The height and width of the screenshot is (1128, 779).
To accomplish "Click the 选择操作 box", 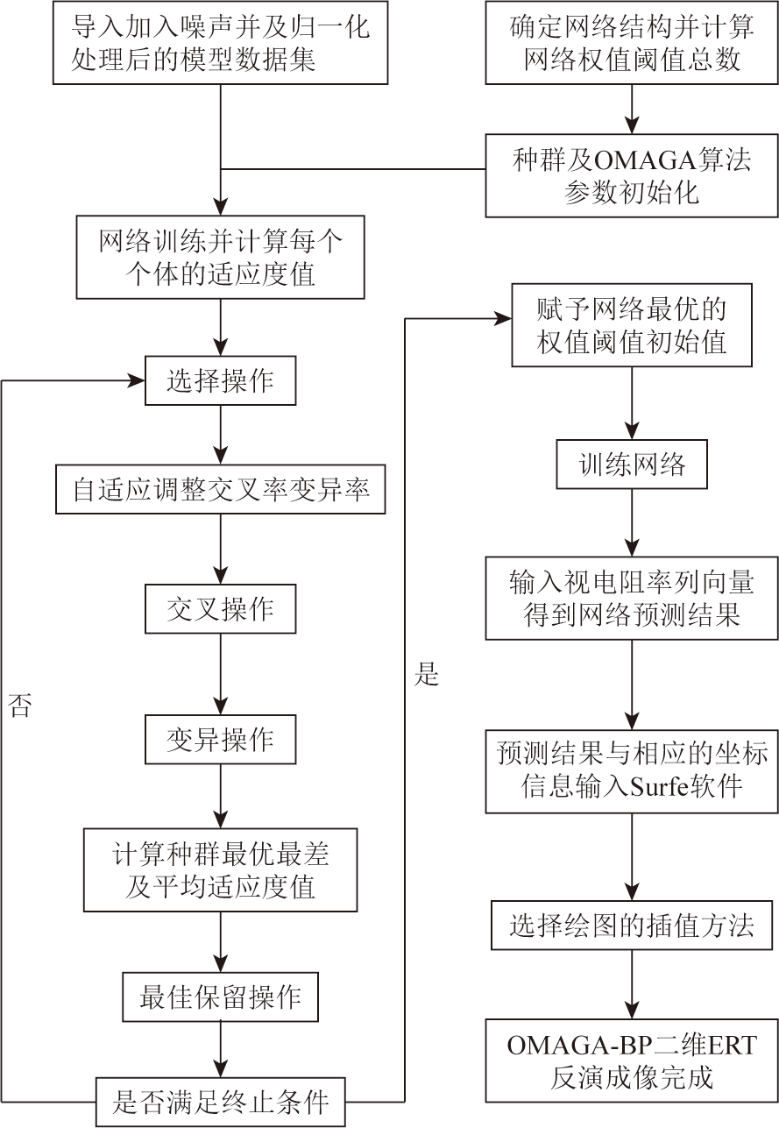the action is pos(221,380).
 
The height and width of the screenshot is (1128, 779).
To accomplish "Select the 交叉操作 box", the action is pos(221,609).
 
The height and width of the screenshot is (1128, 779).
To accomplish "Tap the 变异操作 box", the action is pos(221,739).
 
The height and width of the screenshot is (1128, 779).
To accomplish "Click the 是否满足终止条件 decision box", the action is pos(221,1102).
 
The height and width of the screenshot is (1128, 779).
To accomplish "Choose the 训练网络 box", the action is pos(632,465).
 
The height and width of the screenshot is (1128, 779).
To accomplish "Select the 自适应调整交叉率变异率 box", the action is pos(221,489).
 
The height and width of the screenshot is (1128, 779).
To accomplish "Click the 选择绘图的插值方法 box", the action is pos(632,926).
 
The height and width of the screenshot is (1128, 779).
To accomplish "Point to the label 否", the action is pos(20,705).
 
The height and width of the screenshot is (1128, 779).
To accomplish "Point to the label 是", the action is pos(427,674).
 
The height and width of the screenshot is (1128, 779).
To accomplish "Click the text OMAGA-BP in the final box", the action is pos(579,1046).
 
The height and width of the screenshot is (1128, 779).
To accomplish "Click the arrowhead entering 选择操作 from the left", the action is pos(137,380).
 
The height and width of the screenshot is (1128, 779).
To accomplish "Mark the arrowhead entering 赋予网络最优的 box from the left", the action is pos(504,318).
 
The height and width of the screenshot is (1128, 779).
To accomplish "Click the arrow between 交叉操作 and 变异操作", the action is pos(221,674).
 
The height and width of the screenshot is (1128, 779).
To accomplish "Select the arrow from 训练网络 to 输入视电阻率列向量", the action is pos(632,523).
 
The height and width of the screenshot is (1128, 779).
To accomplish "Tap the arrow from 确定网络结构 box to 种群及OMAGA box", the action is pos(632,109).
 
